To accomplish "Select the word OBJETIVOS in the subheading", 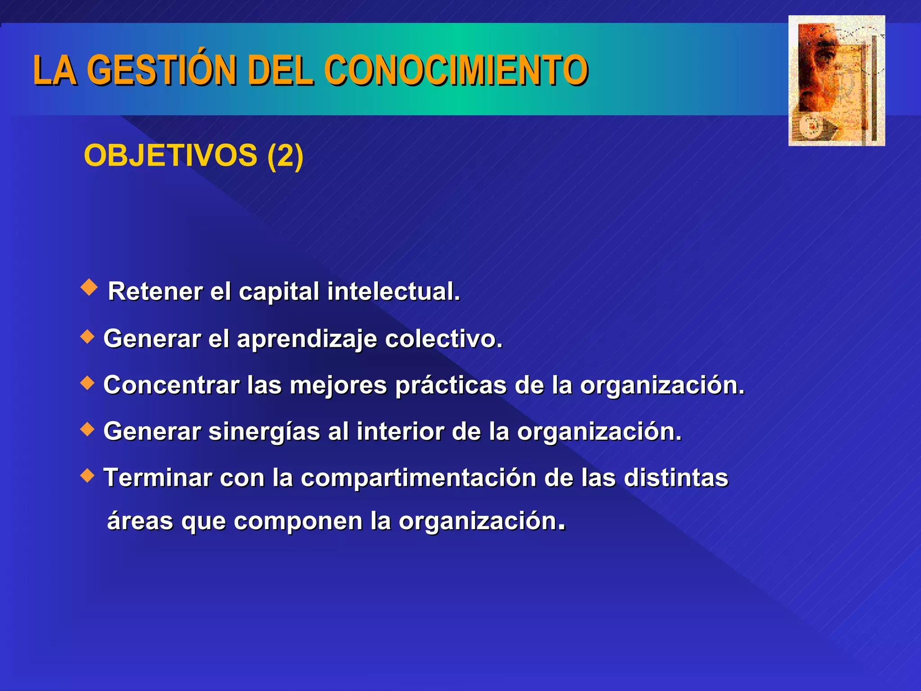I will (x=170, y=155).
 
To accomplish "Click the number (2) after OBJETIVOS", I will (x=285, y=155).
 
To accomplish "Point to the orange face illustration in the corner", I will (x=836, y=81).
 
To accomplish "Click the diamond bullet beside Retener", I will (x=89, y=287).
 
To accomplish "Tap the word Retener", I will (x=155, y=291).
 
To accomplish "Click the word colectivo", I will (x=443, y=338).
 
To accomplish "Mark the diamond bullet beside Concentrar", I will (x=87, y=383).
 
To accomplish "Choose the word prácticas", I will (x=451, y=386).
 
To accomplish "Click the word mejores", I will (x=338, y=386).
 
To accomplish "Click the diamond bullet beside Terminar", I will (x=87, y=475).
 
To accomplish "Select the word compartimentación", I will (x=418, y=478).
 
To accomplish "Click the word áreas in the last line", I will (x=140, y=521).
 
